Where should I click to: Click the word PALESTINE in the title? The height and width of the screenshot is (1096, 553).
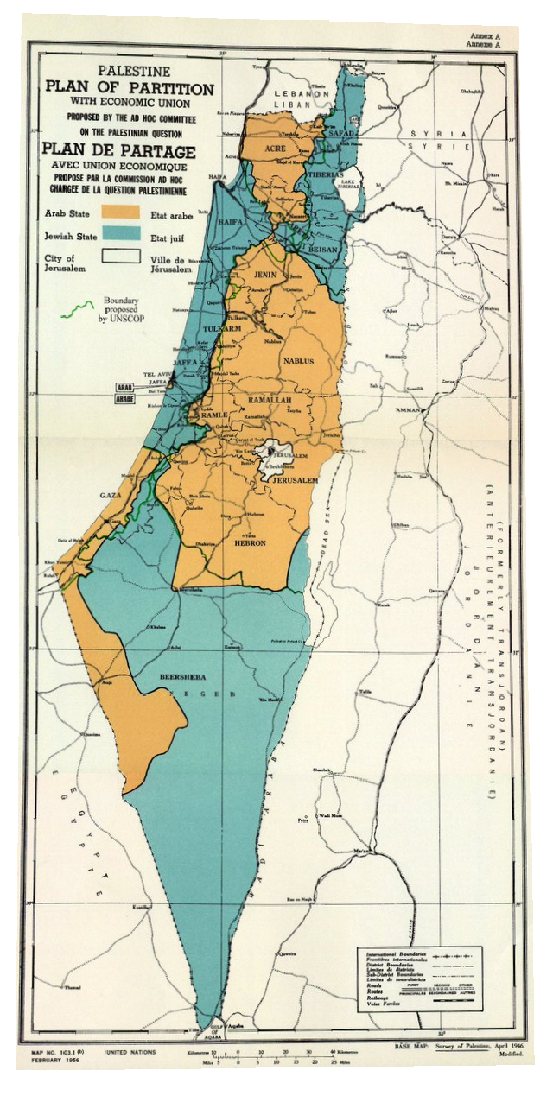coord(133,71)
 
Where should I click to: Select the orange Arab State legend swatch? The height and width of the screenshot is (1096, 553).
coord(122,212)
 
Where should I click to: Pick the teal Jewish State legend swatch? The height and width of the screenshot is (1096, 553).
coord(122,233)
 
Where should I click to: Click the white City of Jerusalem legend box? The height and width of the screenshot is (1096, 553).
coord(122,256)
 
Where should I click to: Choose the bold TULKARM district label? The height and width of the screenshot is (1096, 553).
coord(213,329)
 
